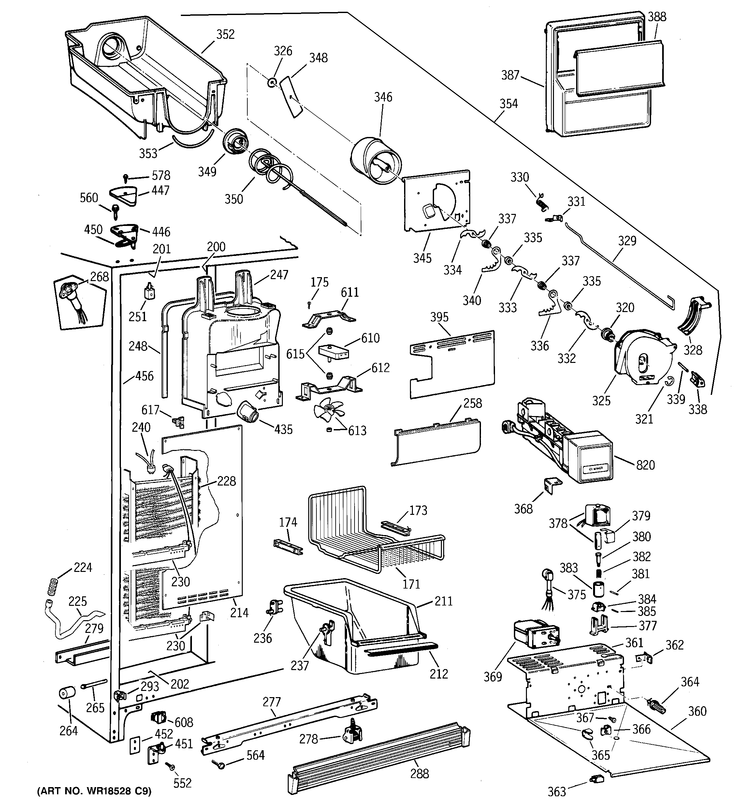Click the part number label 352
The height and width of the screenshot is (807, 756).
[225, 35]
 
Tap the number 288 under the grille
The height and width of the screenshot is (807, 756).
[419, 774]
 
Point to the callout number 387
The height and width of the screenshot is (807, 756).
[510, 75]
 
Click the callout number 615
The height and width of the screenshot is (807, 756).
[295, 354]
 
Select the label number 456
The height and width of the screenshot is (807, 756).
[144, 376]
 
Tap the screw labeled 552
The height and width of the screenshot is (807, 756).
[170, 766]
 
